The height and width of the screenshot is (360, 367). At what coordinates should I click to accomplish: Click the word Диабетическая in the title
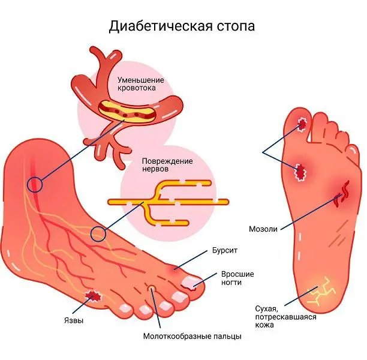[161, 26]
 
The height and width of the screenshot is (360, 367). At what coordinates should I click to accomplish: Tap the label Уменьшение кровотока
[140, 84]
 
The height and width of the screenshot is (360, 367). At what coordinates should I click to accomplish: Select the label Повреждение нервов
[167, 165]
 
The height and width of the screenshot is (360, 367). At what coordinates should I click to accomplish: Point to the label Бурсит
[225, 250]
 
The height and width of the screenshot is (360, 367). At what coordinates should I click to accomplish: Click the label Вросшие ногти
[237, 278]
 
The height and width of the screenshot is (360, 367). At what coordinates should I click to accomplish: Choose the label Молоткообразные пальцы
[192, 337]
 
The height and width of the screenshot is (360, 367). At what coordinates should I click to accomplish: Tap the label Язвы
[74, 320]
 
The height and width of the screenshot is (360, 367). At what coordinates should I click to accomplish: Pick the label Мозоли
[263, 229]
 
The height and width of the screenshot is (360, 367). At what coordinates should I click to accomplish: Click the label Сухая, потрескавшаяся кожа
[285, 317]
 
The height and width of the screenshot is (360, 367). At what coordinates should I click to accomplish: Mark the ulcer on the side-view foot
[93, 296]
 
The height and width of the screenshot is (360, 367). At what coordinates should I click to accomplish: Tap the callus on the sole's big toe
[302, 124]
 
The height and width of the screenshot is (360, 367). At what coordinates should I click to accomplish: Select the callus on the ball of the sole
[300, 172]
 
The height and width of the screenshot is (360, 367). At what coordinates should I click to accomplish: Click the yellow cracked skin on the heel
[321, 292]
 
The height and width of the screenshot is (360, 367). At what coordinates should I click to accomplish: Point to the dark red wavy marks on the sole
[342, 194]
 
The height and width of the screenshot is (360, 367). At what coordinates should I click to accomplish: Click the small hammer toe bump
[152, 287]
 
